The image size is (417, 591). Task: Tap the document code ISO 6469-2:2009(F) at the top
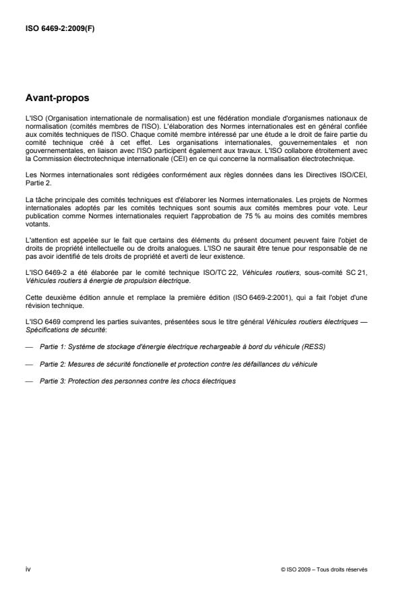click(x=60, y=30)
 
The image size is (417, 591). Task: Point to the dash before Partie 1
click(x=29, y=346)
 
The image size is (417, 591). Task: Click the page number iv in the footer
click(x=28, y=569)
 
